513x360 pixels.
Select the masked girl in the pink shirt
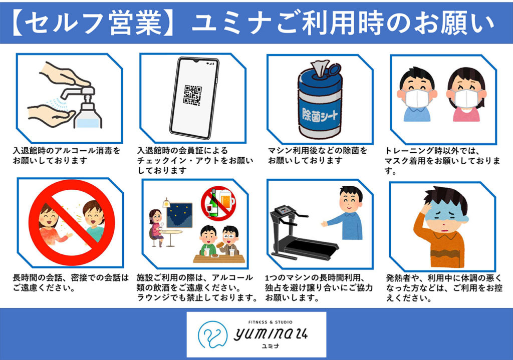tap(466, 94)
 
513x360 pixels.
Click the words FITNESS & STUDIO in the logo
tap(270, 322)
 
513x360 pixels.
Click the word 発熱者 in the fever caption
tap(398, 278)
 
